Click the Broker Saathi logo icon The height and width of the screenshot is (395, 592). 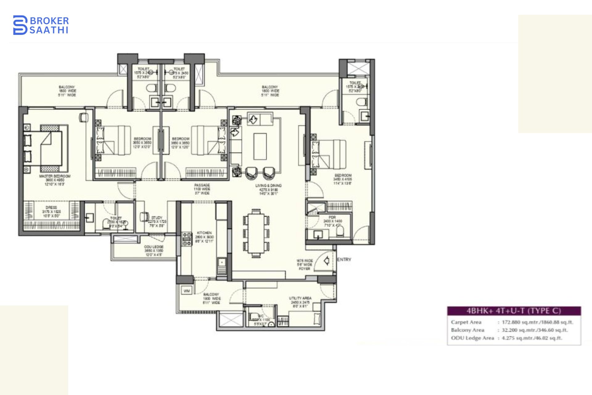click(x=20, y=25)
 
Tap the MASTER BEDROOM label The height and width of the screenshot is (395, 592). click(x=55, y=176)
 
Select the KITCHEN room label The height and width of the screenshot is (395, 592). click(x=204, y=233)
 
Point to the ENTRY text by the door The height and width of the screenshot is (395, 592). click(x=344, y=260)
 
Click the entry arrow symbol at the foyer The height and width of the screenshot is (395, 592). click(x=327, y=261)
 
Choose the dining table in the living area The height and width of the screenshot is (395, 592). click(x=256, y=233)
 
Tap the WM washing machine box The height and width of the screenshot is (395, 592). click(x=187, y=291)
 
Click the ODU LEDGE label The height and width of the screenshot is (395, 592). click(x=154, y=247)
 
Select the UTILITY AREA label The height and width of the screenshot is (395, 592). click(x=300, y=298)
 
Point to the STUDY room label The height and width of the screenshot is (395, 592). click(x=157, y=218)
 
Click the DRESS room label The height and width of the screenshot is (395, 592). click(x=51, y=207)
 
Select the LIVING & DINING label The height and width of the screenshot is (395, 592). click(x=268, y=186)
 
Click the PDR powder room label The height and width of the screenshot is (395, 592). click(x=332, y=217)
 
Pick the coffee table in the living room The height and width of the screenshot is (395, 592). click(x=260, y=146)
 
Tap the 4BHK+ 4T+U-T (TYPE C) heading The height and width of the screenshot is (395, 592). click(x=514, y=311)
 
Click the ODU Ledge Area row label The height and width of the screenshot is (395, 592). click(x=472, y=338)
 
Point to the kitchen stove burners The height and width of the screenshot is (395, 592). click(x=187, y=239)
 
